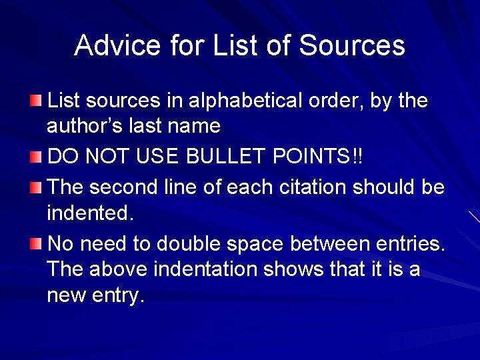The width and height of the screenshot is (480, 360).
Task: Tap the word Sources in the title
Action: pyautogui.click(x=352, y=45)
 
